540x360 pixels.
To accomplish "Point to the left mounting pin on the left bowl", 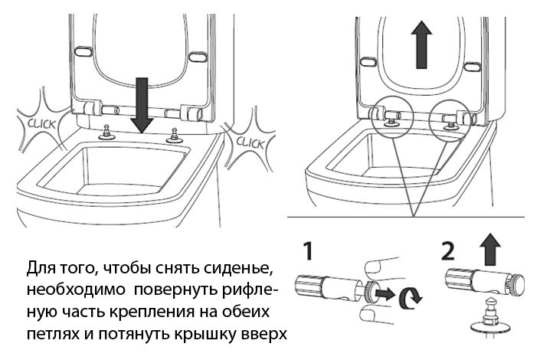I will click(105, 132).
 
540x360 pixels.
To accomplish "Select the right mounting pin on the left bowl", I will click(174, 134).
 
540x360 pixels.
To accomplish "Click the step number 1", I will click(305, 251).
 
